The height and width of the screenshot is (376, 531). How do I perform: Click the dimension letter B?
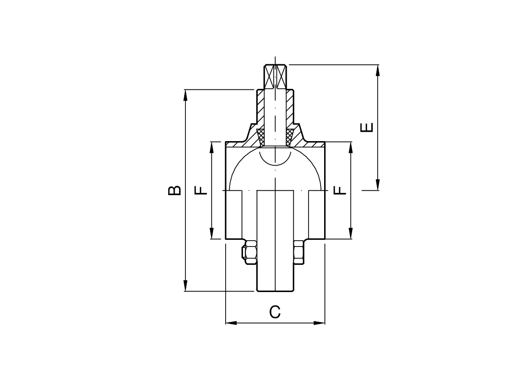tap(174, 190)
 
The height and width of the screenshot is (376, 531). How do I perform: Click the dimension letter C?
tap(275, 312)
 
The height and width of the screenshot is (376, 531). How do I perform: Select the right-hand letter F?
tap(340, 190)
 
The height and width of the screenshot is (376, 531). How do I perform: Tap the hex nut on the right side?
tap(299, 252)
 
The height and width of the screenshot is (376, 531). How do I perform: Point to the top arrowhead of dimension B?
tap(185, 95)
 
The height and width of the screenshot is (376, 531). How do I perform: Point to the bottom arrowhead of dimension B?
tap(185, 286)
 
